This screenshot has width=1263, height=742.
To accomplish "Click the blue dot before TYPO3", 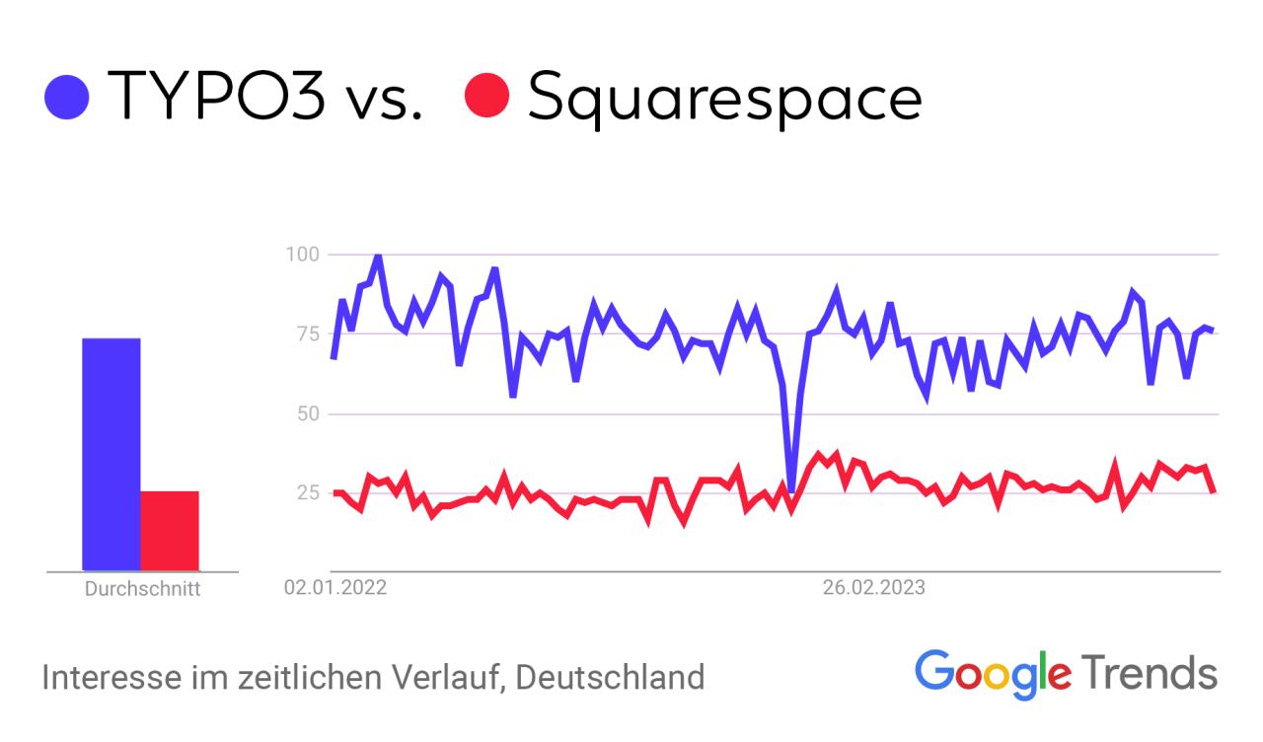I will pyautogui.click(x=67, y=97).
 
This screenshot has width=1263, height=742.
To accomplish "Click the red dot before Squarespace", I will pyautogui.click(x=486, y=96).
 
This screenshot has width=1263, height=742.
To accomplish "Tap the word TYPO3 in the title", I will pyautogui.click(x=216, y=97).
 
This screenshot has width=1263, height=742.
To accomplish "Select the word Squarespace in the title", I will pyautogui.click(x=725, y=99).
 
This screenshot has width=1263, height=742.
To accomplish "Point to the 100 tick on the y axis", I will pyautogui.click(x=302, y=255).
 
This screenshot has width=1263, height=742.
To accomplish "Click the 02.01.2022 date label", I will pyautogui.click(x=335, y=589).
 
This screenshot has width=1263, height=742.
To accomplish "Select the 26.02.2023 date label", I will pyautogui.click(x=873, y=589).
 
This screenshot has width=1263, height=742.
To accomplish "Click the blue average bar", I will pyautogui.click(x=111, y=454).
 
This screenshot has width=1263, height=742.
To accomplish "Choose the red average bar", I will pyautogui.click(x=170, y=530).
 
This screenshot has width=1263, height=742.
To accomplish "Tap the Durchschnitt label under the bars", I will pyautogui.click(x=142, y=590).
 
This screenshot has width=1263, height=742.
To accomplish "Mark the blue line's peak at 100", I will pyautogui.click(x=377, y=257).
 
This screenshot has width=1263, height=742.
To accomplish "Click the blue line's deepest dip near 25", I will pyautogui.click(x=791, y=488).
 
